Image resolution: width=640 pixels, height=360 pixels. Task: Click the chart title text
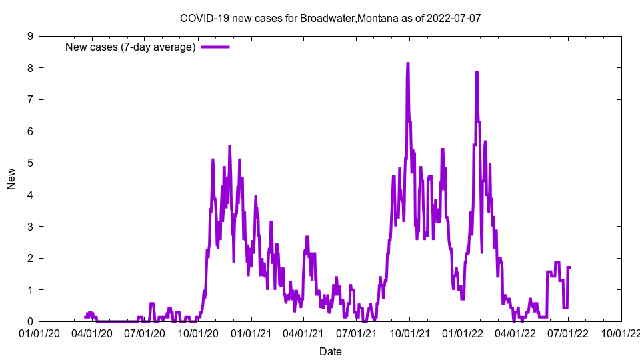point(330,18)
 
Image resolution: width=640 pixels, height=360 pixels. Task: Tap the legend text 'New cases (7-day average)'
point(130,47)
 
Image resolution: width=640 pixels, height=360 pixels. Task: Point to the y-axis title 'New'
point(11,179)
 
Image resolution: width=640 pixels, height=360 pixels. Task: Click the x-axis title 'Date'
point(330,351)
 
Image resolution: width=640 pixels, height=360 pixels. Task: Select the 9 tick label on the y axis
point(31,36)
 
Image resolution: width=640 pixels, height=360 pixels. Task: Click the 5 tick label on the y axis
point(31,163)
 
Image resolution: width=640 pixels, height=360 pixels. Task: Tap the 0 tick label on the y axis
point(31,321)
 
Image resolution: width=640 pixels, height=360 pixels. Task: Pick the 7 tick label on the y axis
point(31,99)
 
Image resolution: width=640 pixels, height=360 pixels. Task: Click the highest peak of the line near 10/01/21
point(407,63)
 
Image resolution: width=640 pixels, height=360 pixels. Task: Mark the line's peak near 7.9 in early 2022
point(477,72)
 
